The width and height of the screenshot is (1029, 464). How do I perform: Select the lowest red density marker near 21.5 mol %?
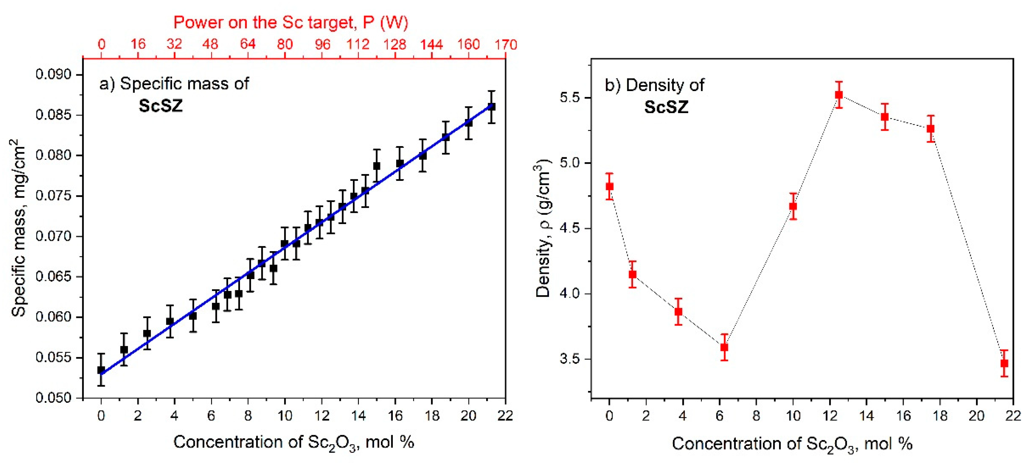[x=1004, y=363]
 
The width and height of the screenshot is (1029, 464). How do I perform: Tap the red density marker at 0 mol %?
[x=609, y=186]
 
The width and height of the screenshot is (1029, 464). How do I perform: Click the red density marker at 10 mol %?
[x=793, y=206]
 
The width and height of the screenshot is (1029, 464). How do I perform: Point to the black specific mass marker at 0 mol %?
[x=101, y=370]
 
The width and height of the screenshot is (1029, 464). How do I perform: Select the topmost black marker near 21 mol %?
[x=492, y=107]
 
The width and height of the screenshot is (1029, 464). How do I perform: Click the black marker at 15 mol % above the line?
[x=377, y=166]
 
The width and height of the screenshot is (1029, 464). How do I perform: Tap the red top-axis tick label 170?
[x=506, y=44]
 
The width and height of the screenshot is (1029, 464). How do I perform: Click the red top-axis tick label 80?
[x=285, y=44]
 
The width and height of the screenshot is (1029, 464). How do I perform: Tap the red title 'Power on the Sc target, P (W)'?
[x=290, y=22]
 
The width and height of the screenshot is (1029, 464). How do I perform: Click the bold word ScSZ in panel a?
[x=161, y=106]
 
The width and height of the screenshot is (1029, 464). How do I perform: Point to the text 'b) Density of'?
[x=654, y=85]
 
